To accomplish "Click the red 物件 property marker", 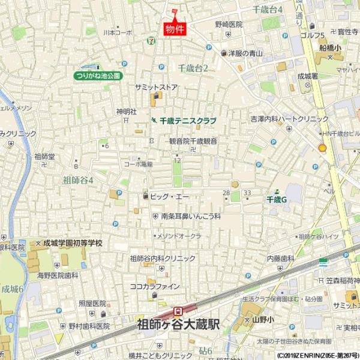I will pyautogui.click(x=174, y=28).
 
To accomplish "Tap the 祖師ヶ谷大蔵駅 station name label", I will pyautogui.click(x=179, y=324).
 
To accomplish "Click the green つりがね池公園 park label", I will pyautogui.click(x=98, y=76).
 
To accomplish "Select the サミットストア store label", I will pyautogui.click(x=156, y=88).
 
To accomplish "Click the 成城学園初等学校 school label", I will pyautogui.click(x=72, y=244).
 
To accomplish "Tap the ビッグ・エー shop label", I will pyautogui.click(x=169, y=196).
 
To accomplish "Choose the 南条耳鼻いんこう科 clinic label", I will pyautogui.click(x=191, y=215).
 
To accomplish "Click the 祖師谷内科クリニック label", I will pyautogui.click(x=163, y=259).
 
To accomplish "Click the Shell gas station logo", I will pyautogui.click(x=322, y=146).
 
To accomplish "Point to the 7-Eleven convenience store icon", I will pyautogui.click(x=148, y=41).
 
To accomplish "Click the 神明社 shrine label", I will pyautogui.click(x=127, y=112).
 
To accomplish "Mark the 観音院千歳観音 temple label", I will pyautogui.click(x=193, y=141).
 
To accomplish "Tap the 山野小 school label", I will pyautogui.click(x=262, y=319).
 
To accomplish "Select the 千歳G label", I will pyautogui.click(x=277, y=199).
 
